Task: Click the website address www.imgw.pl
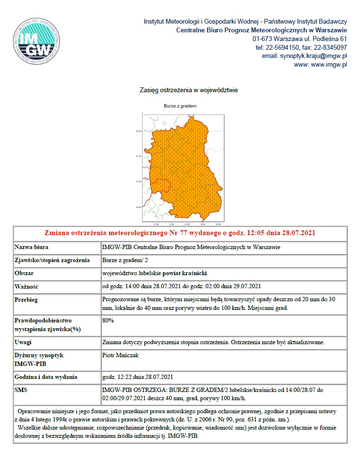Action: (327, 65)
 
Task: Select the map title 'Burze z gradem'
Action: (180, 106)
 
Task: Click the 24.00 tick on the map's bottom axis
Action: (218, 224)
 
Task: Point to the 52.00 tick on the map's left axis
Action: (138, 131)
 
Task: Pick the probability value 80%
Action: (108, 320)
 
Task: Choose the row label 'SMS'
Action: (21, 389)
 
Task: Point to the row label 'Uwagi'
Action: (23, 342)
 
